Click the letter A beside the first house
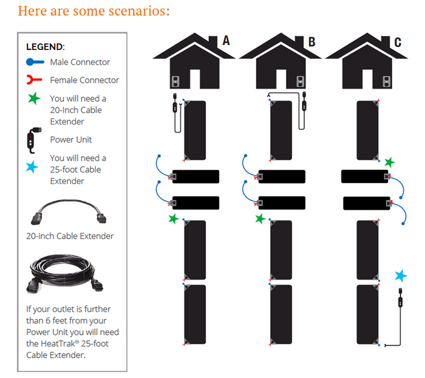pyautogui.click(x=226, y=41)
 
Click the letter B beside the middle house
pyautogui.click(x=311, y=42)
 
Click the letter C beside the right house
pyautogui.click(x=398, y=42)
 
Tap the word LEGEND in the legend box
pyautogui.click(x=46, y=47)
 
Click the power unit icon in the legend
pyautogui.click(x=33, y=139)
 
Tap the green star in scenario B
pyautogui.click(x=260, y=218)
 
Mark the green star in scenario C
pyautogui.click(x=389, y=162)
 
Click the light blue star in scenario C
pyautogui.click(x=400, y=276)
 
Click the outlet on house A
pyautogui.click(x=176, y=81)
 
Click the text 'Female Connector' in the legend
pyautogui.click(x=84, y=80)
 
